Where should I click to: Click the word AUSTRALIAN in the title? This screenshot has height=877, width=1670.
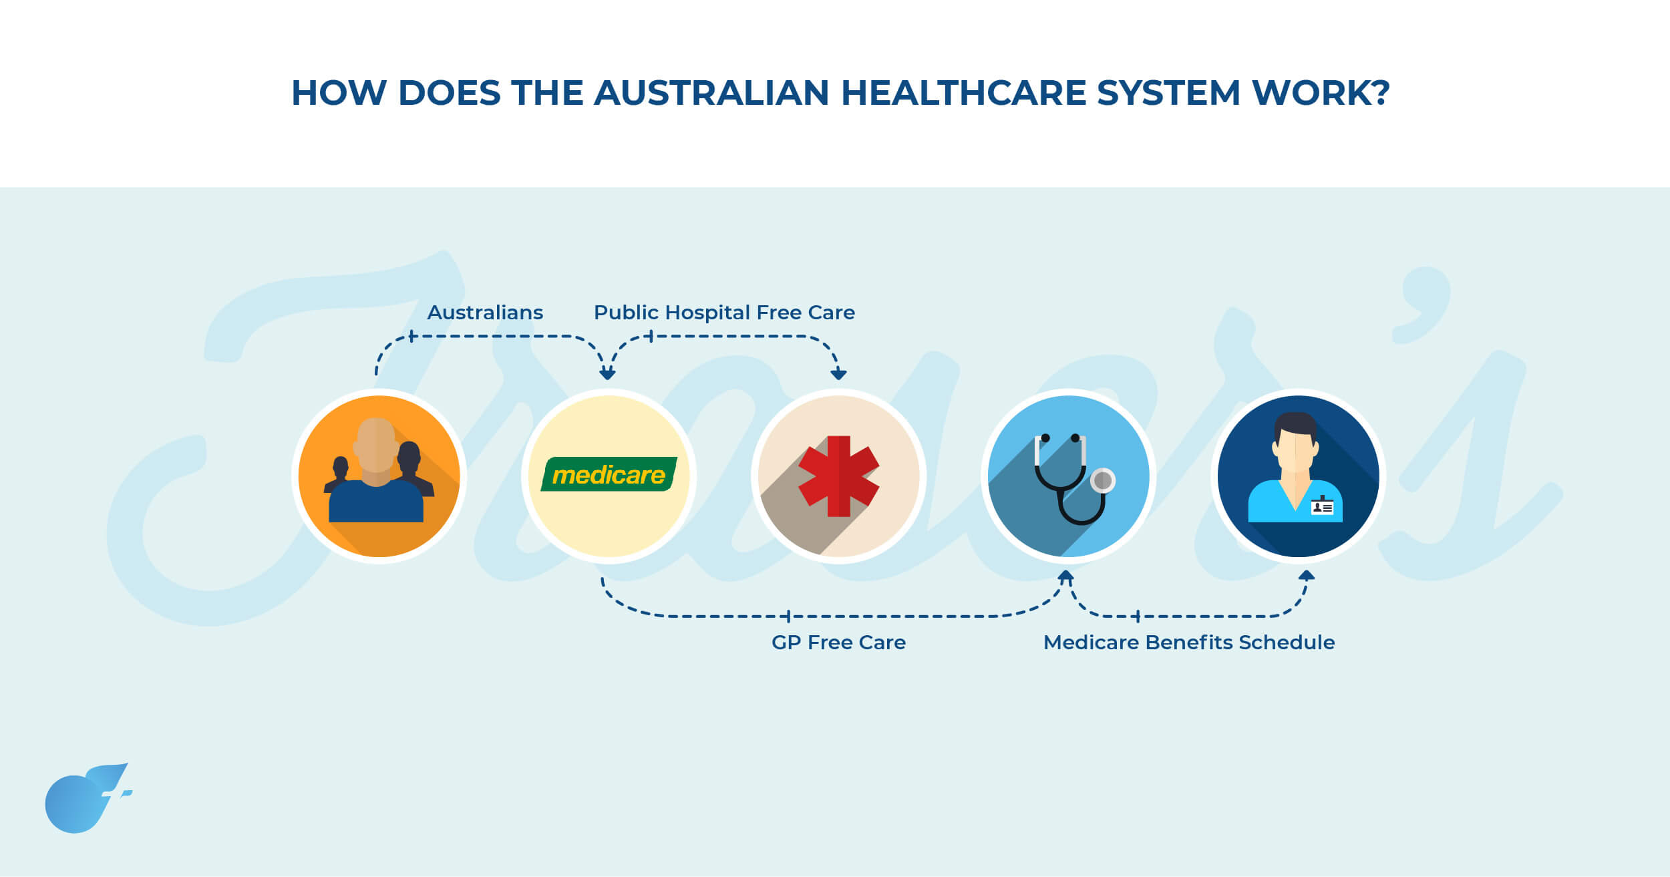point(711,93)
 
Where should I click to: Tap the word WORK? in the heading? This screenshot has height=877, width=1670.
point(1321,93)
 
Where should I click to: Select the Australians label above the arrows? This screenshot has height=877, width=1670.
point(485,313)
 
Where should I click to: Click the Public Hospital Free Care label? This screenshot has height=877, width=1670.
point(724,313)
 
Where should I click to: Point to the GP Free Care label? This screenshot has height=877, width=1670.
point(838,643)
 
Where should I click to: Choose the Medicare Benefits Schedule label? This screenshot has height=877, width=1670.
point(1189,643)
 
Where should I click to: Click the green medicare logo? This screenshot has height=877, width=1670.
point(609,474)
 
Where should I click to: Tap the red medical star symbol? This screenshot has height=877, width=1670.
point(838,476)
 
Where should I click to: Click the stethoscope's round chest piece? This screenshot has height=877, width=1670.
point(1102,480)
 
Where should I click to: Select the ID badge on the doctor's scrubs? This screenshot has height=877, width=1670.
point(1322,506)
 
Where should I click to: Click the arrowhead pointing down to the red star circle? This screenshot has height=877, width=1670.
point(838,374)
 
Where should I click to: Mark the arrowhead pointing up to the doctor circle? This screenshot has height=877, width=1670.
point(1307,575)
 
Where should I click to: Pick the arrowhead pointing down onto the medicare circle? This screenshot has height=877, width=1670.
point(607,374)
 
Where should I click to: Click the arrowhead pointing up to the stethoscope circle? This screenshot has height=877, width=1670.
point(1066,576)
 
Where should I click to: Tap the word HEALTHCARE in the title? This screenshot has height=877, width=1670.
point(963,93)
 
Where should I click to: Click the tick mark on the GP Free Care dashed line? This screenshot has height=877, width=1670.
point(788,616)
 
